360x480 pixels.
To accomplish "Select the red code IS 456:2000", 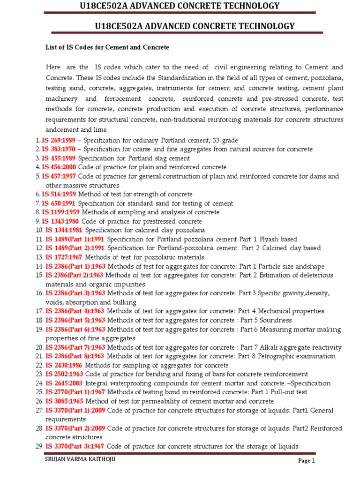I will [59, 167].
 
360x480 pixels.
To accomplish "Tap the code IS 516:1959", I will [59, 194].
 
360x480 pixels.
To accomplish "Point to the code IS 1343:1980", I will [61, 221].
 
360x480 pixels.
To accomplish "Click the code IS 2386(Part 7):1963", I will [75, 347].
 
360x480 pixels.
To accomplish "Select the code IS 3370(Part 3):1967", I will [75, 446].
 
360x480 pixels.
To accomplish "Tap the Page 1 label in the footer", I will [307, 461].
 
